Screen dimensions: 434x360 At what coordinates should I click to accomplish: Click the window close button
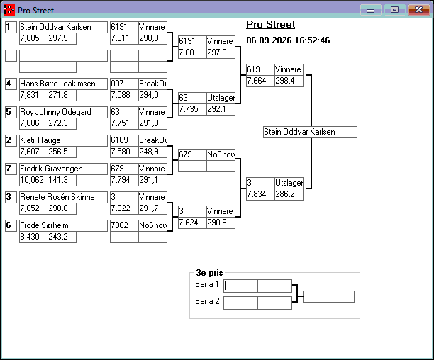[419, 10]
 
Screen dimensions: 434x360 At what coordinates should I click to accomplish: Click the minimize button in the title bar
[371, 10]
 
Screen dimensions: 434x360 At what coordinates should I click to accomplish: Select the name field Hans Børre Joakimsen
[63, 84]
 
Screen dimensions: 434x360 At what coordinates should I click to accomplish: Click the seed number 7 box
[11, 169]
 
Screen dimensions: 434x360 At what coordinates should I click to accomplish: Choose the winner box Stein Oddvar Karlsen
[310, 132]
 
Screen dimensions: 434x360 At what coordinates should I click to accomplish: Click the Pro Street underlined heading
[271, 25]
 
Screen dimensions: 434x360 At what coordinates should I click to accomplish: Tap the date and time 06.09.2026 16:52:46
[288, 40]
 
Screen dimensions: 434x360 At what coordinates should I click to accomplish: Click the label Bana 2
[207, 301]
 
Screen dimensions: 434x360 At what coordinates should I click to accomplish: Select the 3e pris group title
[209, 273]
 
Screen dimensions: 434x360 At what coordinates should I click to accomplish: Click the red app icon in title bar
[9, 10]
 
